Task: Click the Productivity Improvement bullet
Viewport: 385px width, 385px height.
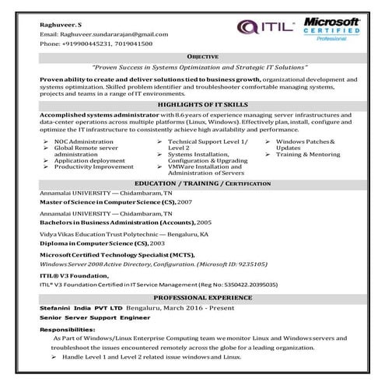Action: coord(93,166)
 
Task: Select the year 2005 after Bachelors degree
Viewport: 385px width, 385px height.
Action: coord(204,222)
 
